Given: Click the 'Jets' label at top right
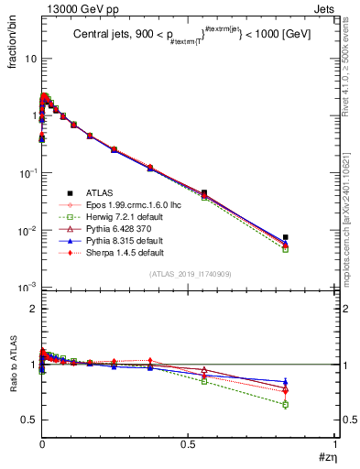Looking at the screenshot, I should [x=324, y=8].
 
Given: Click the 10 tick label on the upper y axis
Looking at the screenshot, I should [x=30, y=58].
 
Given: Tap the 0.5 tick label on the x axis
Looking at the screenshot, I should [x=188, y=442].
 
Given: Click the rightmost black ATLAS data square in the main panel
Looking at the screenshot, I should [x=286, y=237].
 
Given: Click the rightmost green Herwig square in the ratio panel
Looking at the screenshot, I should [x=286, y=404].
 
